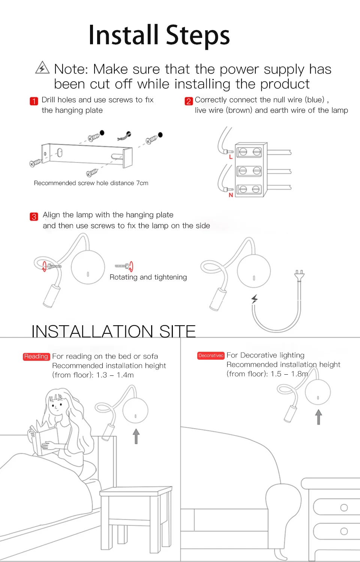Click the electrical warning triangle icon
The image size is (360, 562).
[x=42, y=68]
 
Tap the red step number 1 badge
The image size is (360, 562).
[x=34, y=101]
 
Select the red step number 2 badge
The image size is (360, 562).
[x=189, y=101]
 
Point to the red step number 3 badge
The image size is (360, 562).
[x=34, y=217]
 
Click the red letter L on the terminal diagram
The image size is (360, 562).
[x=231, y=157]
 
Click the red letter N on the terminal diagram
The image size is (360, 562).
[x=231, y=195]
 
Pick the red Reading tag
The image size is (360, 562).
[x=36, y=356]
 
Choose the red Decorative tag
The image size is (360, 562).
[x=211, y=356]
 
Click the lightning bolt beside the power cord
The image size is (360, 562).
[x=255, y=299]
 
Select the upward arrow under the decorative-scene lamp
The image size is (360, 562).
[x=319, y=417]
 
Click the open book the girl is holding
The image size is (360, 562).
[x=43, y=440]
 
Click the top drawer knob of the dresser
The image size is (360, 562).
[x=344, y=508]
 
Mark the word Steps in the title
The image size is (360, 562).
[x=198, y=36]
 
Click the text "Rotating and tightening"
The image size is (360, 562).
[x=148, y=277]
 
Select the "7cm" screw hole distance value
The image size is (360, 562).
[x=142, y=183]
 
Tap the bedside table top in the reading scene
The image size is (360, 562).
[x=136, y=491]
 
